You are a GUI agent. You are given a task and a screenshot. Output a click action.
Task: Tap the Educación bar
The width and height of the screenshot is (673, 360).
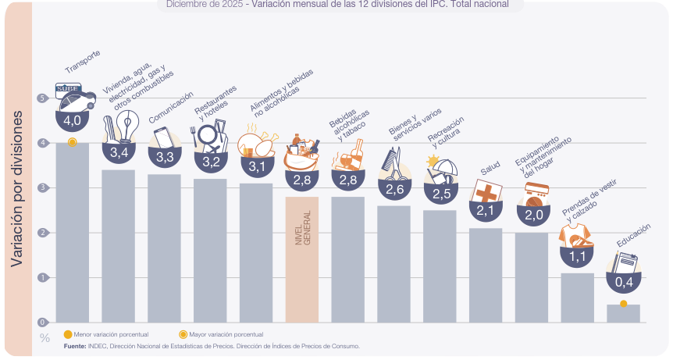click(x=623, y=314)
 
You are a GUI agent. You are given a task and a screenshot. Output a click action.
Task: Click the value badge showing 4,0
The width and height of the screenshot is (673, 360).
click(x=73, y=120)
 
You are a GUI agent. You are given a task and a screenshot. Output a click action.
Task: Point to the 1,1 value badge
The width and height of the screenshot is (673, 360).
click(x=577, y=255)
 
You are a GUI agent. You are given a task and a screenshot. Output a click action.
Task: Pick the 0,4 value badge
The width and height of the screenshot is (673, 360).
click(x=623, y=282)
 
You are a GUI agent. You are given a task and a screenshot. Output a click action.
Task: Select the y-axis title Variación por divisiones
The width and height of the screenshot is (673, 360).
click(x=16, y=187)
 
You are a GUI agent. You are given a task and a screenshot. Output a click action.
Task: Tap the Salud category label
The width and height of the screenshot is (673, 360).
click(x=490, y=169)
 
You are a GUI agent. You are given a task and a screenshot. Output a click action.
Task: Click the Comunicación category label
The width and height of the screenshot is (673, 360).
click(x=171, y=107)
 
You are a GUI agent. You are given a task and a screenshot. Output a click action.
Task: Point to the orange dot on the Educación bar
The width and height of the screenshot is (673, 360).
click(x=623, y=303)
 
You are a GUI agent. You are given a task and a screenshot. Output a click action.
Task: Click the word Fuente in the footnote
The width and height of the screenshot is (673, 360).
click(x=75, y=345)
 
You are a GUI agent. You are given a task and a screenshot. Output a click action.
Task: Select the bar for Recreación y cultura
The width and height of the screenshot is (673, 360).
click(x=440, y=266)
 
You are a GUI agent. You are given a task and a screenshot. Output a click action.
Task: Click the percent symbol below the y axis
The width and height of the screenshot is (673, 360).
click(x=44, y=338)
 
